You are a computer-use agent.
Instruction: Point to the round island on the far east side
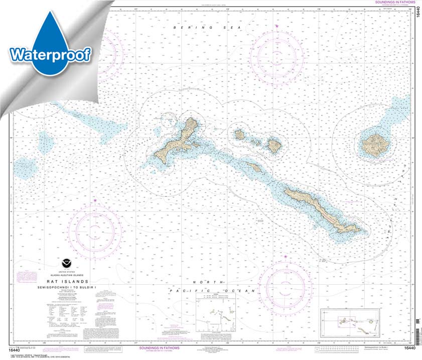(375, 145)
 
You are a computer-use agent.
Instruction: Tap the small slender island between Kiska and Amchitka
(254, 167)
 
